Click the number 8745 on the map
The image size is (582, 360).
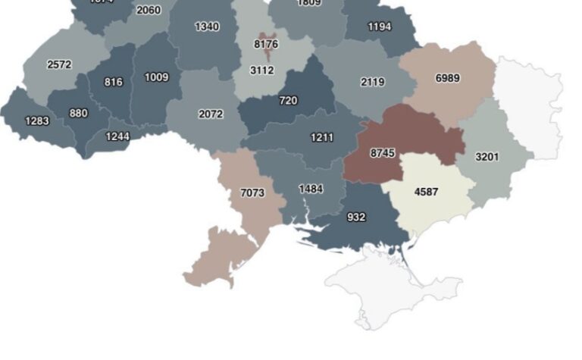click(383, 153)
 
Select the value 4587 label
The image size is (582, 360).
click(426, 192)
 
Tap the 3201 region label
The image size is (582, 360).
click(487, 157)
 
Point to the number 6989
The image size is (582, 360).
click(447, 78)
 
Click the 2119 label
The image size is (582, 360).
click(372, 82)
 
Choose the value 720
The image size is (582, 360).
click(288, 100)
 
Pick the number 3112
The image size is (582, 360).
click(262, 70)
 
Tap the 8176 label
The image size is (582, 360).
click(266, 45)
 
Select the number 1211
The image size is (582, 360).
click(322, 137)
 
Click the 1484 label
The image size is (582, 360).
click(311, 189)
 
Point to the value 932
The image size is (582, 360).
click(356, 218)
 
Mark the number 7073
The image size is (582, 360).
click(252, 193)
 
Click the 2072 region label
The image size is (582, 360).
click(211, 114)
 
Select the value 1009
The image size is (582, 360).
click(157, 77)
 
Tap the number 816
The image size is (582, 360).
click(114, 82)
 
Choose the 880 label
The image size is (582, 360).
click(78, 114)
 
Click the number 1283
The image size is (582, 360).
click(37, 121)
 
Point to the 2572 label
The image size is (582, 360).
click(59, 64)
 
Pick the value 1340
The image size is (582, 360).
click(207, 27)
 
